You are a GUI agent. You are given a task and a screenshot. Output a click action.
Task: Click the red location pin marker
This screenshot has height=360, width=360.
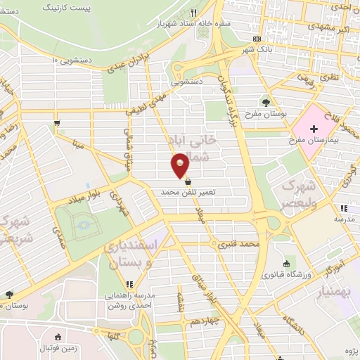tap(180, 165)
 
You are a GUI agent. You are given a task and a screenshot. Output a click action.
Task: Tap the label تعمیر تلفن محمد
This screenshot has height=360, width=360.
tap(188, 191)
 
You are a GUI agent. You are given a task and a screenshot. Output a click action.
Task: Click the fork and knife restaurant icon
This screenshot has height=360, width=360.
tap(193, 13)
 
